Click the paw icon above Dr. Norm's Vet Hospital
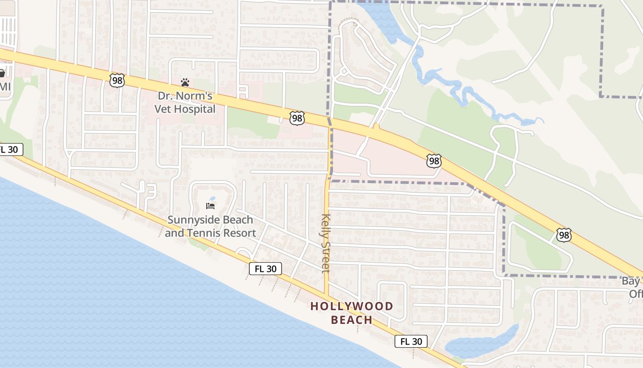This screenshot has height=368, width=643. click(185, 82)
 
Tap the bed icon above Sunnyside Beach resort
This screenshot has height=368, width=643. click(211, 206)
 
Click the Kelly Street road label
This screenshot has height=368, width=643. click(326, 243)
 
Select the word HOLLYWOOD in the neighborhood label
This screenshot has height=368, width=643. click(352, 306)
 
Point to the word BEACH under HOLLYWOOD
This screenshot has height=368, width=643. click(352, 320)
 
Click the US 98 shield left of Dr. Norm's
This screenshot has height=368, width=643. click(117, 80)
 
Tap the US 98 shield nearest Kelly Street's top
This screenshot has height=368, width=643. click(297, 118)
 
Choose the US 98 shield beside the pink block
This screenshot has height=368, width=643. click(434, 161)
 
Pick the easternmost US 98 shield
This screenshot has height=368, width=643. click(564, 235)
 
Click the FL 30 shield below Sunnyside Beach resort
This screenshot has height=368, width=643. click(265, 269)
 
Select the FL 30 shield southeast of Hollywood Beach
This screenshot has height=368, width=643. click(411, 341)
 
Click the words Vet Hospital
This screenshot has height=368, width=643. click(185, 109)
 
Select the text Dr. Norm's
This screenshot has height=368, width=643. click(185, 96)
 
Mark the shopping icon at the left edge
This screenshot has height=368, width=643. click(2, 74)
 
